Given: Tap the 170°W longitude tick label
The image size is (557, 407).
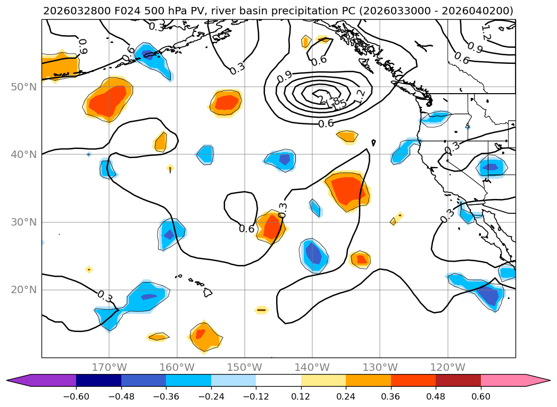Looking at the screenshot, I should tap(109, 367).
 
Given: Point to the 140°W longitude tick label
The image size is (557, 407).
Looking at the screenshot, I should tap(312, 367).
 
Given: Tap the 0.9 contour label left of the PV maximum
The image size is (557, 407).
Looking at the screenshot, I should tap(285, 75).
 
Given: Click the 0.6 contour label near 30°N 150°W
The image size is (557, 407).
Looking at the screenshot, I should tap(246, 229).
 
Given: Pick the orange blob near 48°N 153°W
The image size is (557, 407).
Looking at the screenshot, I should tap(226, 102).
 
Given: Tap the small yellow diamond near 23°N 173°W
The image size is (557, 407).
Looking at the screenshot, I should tap(89, 270).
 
